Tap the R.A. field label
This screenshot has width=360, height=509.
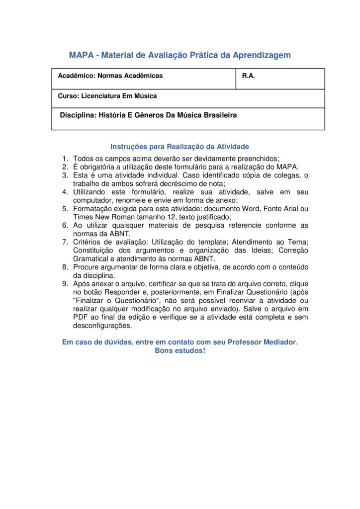pyautogui.click(x=249, y=76)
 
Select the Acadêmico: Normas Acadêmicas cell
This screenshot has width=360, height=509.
pyautogui.click(x=110, y=76)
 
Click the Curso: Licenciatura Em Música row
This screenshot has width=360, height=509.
pyautogui.click(x=107, y=96)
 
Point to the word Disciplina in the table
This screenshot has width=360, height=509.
pyautogui.click(x=77, y=115)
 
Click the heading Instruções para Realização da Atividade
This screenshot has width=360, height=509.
pyautogui.click(x=180, y=147)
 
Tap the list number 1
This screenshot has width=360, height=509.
pyautogui.click(x=65, y=159)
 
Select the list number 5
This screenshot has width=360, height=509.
pyautogui.click(x=65, y=209)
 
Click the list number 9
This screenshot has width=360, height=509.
pyautogui.click(x=65, y=284)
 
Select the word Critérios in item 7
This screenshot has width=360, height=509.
pyautogui.click(x=88, y=242)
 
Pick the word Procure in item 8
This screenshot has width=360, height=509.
pyautogui.click(x=87, y=267)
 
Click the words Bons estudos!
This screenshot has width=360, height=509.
pyautogui.click(x=180, y=350)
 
